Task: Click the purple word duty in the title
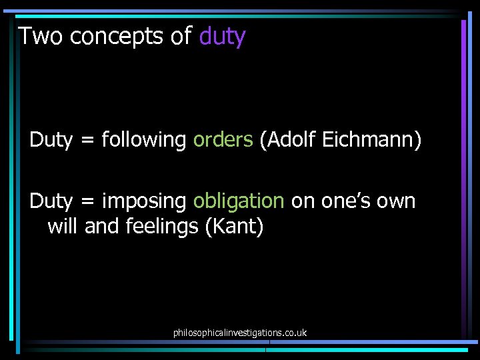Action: pos(222,36)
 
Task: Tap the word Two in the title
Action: pos(41,36)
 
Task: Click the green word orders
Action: pos(223,140)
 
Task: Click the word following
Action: pos(143,140)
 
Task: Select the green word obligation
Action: pos(239,201)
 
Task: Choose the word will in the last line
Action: pos(63,227)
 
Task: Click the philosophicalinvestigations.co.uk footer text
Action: pos(239,332)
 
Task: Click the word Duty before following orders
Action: pos(51,140)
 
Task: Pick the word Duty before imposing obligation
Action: pos(51,201)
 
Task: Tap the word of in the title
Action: pos(181,36)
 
